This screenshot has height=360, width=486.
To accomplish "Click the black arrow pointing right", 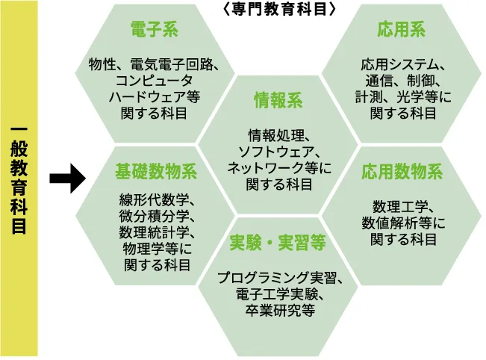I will click(66, 179).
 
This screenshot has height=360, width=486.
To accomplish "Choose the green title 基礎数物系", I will click(155, 172).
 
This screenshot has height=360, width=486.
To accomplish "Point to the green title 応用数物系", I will click(402, 172).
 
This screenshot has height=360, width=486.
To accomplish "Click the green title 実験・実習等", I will click(277, 243).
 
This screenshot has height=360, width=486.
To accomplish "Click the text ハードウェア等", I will click(155, 97).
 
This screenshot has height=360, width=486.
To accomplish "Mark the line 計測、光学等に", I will click(402, 97).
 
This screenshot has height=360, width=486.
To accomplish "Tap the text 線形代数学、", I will click(155, 200).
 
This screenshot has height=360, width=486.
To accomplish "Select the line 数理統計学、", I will click(155, 233).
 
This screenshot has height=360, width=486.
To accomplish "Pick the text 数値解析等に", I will click(402, 223).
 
